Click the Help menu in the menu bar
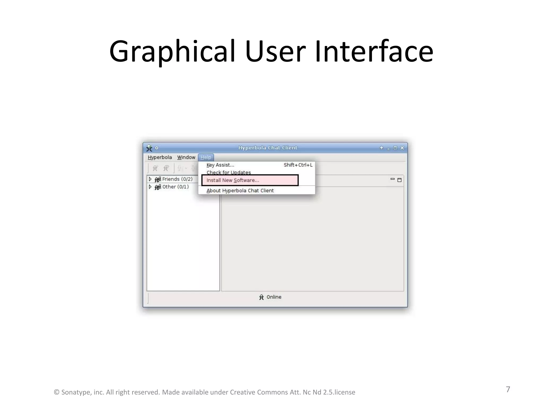click(x=206, y=157)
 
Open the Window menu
click(x=186, y=157)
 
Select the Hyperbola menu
click(x=160, y=157)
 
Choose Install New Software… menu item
click(x=233, y=180)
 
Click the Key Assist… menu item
click(x=220, y=165)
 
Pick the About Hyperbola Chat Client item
click(x=240, y=190)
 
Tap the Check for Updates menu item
click(x=229, y=172)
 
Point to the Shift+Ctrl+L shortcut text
click(x=298, y=165)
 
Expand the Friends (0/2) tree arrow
click(x=150, y=179)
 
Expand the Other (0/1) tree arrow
click(x=150, y=187)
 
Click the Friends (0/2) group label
click(x=177, y=179)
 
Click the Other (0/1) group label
click(x=176, y=187)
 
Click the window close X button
click(x=402, y=148)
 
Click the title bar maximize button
click(x=395, y=148)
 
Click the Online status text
click(x=274, y=297)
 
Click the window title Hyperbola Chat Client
click(x=268, y=148)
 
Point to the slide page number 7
click(x=508, y=389)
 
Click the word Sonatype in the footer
click(x=76, y=392)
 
